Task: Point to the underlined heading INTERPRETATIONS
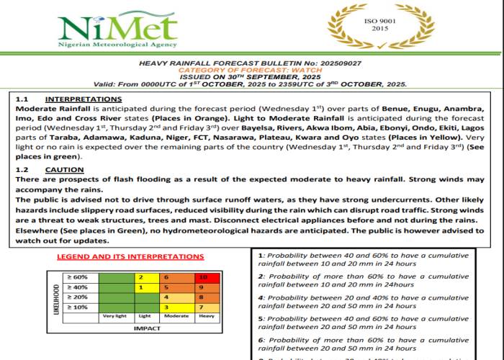(84, 99)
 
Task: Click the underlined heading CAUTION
(65, 169)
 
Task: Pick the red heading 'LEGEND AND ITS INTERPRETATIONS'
(130, 256)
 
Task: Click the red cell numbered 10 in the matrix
(205, 276)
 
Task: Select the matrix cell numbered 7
(205, 307)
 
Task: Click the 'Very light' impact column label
(114, 316)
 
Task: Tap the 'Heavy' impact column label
(205, 316)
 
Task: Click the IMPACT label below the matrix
(141, 328)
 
